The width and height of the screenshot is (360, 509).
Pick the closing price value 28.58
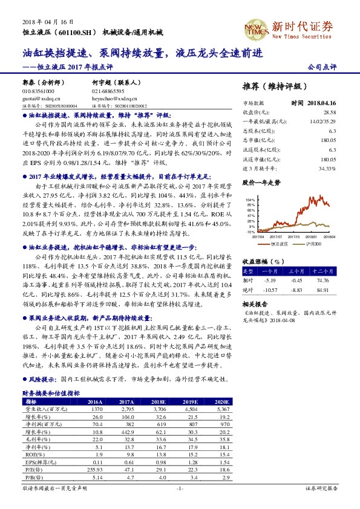[329, 112]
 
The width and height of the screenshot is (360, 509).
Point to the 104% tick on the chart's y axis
[250, 199]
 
